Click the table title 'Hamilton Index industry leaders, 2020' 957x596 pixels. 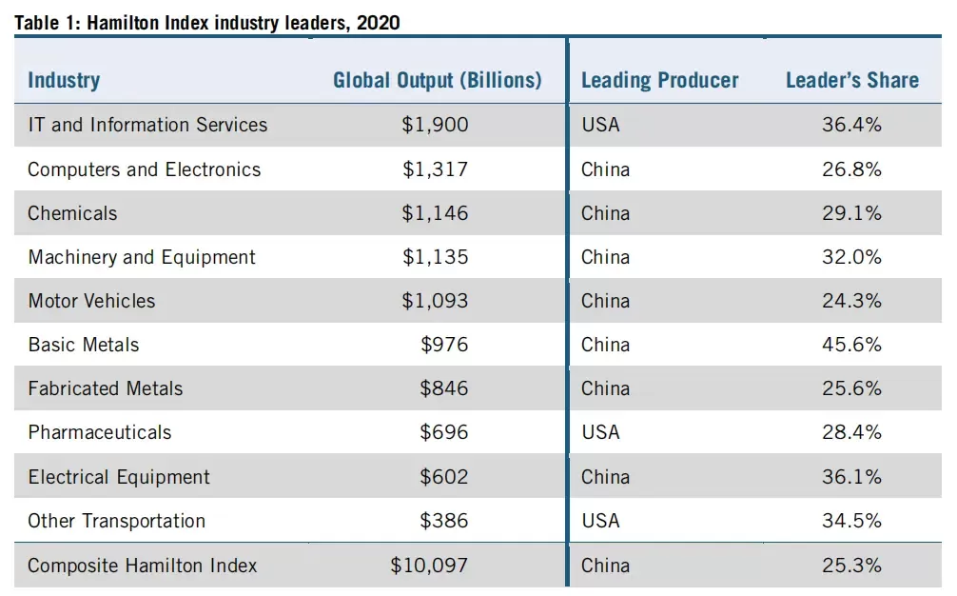pyautogui.click(x=243, y=23)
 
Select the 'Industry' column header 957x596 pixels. pyautogui.click(x=64, y=80)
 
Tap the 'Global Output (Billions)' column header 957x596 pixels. pyautogui.click(x=437, y=80)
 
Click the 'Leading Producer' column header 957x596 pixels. pyautogui.click(x=660, y=80)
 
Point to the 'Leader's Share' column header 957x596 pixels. pyautogui.click(x=852, y=80)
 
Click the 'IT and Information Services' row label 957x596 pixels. pyautogui.click(x=147, y=125)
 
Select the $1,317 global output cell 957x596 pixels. pyautogui.click(x=435, y=169)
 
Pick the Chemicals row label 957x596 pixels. pyautogui.click(x=72, y=213)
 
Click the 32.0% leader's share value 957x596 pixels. pyautogui.click(x=851, y=257)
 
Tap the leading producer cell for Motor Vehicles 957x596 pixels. pyautogui.click(x=605, y=301)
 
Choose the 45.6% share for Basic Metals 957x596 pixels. pyautogui.click(x=851, y=345)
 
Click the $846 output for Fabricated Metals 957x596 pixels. pyautogui.click(x=443, y=388)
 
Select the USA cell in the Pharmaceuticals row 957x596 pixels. pyautogui.click(x=600, y=432)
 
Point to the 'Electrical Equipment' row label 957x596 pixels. pyautogui.click(x=119, y=477)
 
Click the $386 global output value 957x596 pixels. pyautogui.click(x=443, y=521)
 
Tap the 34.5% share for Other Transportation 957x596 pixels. pyautogui.click(x=851, y=521)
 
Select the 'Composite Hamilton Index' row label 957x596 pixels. pyautogui.click(x=143, y=566)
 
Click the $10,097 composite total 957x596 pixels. pyautogui.click(x=429, y=566)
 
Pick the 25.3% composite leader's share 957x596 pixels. pyautogui.click(x=851, y=566)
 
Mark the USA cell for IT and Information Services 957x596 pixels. pyautogui.click(x=600, y=125)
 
